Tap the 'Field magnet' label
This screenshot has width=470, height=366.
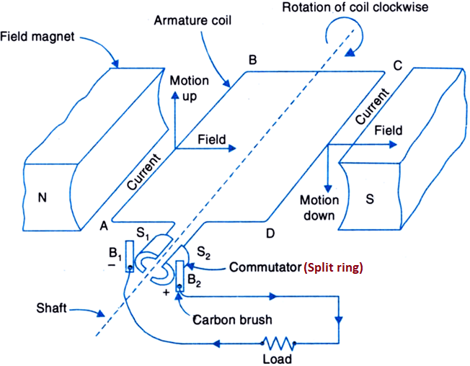pyautogui.click(x=37, y=34)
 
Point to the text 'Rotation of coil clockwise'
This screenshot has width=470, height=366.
pyautogui.click(x=373, y=9)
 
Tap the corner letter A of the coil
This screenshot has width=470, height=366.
pyautogui.click(x=103, y=226)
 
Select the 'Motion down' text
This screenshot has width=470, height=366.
pyautogui.click(x=320, y=207)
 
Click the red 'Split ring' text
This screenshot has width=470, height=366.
pyautogui.click(x=334, y=267)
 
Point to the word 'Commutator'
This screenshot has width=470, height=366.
pyautogui.click(x=263, y=267)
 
